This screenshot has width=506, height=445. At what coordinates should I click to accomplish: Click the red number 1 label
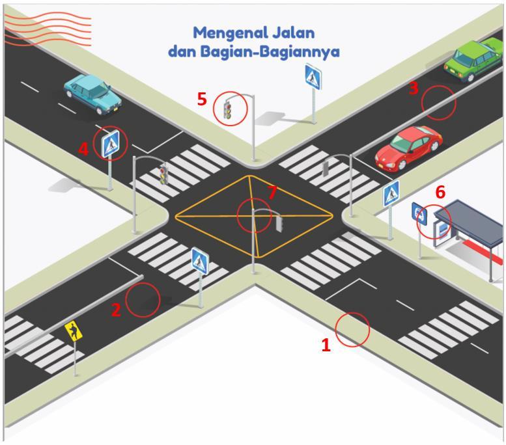(x=326, y=345)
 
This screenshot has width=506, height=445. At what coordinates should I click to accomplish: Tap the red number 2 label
(x=116, y=310)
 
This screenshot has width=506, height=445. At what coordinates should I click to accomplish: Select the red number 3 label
(x=414, y=89)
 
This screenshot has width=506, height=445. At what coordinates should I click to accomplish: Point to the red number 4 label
(x=83, y=150)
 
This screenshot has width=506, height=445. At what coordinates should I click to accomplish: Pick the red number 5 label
(x=202, y=100)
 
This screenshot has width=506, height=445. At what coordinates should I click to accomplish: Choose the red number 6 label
(x=440, y=192)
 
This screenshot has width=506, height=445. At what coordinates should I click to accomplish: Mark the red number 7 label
(x=272, y=192)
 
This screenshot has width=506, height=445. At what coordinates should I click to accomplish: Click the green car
(x=474, y=59)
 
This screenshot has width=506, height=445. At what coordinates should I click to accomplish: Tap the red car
(x=408, y=146)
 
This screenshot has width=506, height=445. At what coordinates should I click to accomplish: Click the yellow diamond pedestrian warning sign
(x=74, y=332)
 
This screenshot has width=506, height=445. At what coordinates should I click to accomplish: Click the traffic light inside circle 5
(x=227, y=110)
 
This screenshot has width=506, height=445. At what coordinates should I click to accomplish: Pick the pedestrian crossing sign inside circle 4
(x=111, y=144)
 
